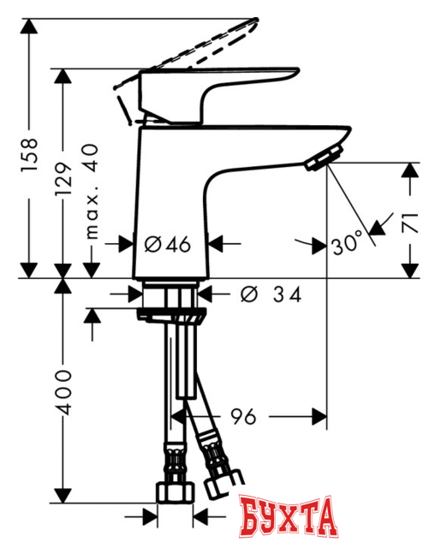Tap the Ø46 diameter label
tap(167, 244)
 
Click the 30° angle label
tap(347, 244)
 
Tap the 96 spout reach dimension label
tap(242, 417)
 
